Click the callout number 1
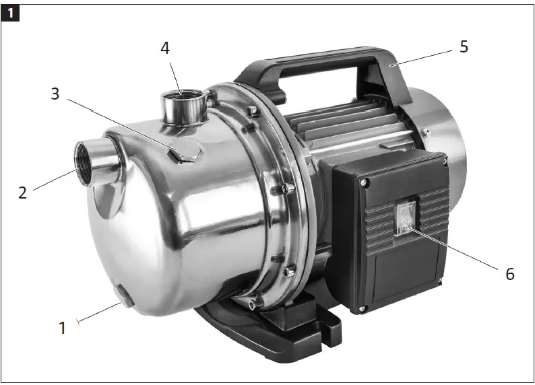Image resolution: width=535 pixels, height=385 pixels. pyautogui.click(x=63, y=328)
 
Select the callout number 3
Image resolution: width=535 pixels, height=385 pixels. pyautogui.click(x=55, y=94)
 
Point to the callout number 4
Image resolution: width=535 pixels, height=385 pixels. pyautogui.click(x=166, y=48)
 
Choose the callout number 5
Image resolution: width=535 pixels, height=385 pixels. pyautogui.click(x=463, y=46)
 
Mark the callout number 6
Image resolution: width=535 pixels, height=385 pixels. pyautogui.click(x=509, y=273)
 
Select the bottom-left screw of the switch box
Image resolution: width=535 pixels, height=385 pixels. pyautogui.click(x=364, y=309)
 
